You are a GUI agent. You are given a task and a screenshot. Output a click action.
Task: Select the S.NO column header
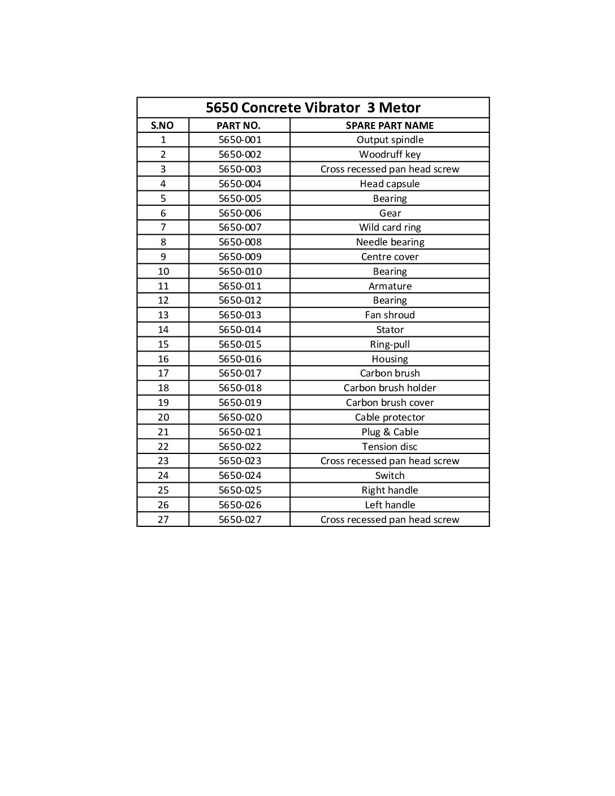coord(163,126)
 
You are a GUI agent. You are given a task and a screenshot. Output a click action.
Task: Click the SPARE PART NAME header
coord(389,126)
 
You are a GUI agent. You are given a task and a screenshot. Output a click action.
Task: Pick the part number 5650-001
coord(240,140)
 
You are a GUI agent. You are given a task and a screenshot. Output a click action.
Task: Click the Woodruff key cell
coord(389,154)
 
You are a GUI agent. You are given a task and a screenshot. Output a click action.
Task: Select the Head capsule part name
coord(389,184)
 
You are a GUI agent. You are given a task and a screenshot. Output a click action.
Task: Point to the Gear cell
coord(389,213)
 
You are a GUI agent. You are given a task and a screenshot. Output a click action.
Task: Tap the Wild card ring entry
coord(389,227)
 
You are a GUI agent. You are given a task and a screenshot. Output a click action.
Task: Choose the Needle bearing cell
coord(389,242)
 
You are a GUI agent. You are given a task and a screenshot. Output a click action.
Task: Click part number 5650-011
coord(240,286)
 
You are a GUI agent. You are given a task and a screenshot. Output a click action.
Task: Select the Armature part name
coord(389,286)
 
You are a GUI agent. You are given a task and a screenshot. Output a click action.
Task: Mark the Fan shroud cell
coord(389,315)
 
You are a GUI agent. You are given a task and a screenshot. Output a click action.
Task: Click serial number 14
coord(163,330)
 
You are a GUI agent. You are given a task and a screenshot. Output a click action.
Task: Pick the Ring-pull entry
coord(389,344)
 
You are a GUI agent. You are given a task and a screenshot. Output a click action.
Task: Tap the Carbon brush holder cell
coord(389,388)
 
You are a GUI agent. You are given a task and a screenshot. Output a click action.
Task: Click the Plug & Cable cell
coord(389,432)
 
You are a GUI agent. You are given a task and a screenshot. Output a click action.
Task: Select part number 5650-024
coord(240,475)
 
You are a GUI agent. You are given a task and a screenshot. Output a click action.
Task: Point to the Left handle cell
coord(389,505)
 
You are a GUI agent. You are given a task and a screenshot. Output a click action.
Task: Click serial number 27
coord(163,520)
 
